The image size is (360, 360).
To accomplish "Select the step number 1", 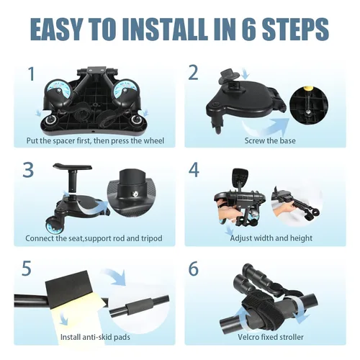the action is [x=32, y=73].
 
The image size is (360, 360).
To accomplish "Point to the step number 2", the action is [x=193, y=73].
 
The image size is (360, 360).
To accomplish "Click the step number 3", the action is [x=28, y=170].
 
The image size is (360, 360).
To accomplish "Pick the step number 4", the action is [x=194, y=170].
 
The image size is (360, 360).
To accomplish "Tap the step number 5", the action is [x=27, y=269].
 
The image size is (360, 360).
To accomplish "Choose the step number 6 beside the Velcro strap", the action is [x=194, y=269].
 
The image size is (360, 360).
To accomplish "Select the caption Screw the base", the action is [x=270, y=140].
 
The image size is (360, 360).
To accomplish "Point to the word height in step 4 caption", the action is [x=301, y=238].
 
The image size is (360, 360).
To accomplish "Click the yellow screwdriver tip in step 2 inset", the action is [x=307, y=89].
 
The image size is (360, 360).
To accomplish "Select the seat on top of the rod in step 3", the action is [x=73, y=166].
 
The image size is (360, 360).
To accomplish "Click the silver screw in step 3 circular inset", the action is [x=136, y=194].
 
